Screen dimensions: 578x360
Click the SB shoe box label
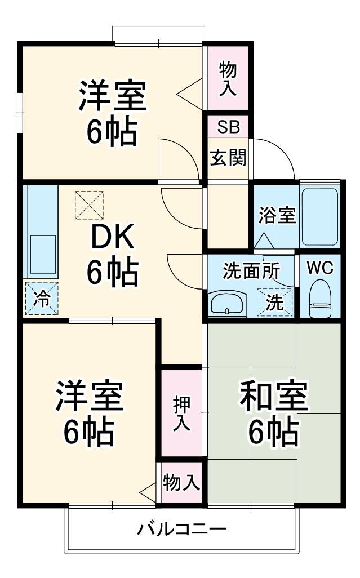tap(228, 127)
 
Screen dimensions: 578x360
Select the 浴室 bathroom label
tap(277, 215)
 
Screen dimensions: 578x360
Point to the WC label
tap(319, 267)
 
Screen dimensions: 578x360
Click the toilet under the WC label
tap(320, 299)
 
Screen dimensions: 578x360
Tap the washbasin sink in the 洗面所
tap(227, 305)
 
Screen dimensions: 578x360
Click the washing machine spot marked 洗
tap(275, 302)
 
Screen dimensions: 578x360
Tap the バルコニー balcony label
tap(181, 530)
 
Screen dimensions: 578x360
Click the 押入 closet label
tap(181, 414)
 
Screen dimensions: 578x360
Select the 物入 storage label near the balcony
tap(181, 483)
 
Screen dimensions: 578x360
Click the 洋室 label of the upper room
tap(112, 97)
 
